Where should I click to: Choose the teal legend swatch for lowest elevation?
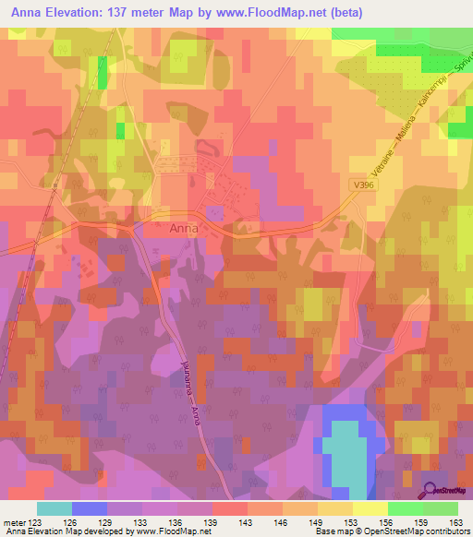click(x=55, y=508)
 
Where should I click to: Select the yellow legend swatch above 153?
click(x=370, y=508)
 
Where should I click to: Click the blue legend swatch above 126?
click(x=90, y=508)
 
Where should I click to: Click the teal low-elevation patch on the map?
click(x=344, y=452)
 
